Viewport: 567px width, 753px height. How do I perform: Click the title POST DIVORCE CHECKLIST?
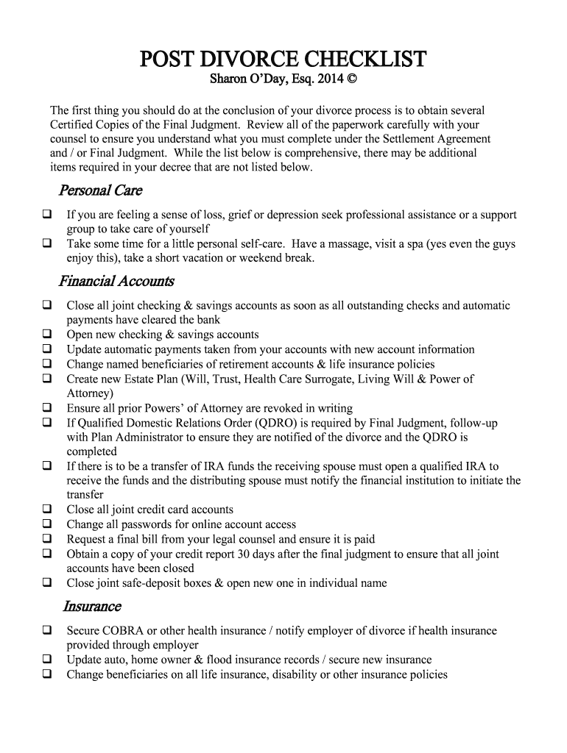(283, 59)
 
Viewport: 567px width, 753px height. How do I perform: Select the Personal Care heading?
(99, 190)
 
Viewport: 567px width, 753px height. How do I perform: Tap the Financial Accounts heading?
(116, 281)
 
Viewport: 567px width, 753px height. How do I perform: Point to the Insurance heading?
(91, 606)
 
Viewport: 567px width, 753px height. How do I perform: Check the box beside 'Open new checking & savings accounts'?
(46, 335)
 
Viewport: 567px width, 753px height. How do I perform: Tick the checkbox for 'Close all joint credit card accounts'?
(46, 510)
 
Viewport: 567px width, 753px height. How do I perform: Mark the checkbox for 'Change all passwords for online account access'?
(46, 524)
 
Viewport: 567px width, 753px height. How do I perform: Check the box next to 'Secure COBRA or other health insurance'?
(46, 630)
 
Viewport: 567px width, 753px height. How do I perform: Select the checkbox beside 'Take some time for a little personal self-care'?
(46, 243)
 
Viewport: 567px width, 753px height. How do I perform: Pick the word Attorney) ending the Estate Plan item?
(90, 393)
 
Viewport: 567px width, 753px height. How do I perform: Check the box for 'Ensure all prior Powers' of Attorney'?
(46, 408)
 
